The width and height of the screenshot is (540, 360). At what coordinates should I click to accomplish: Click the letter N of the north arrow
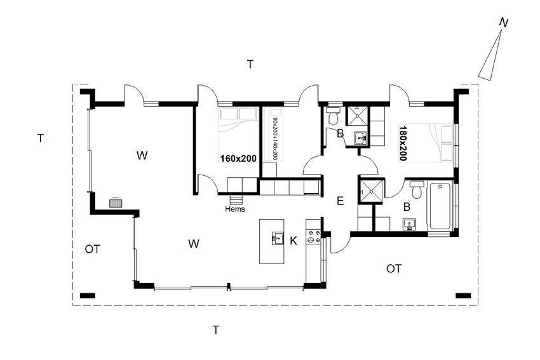504,23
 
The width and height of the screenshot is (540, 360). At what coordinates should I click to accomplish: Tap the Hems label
235,209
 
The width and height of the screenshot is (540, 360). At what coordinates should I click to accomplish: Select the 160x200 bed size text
238,158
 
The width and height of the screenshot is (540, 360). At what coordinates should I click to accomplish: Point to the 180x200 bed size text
403,143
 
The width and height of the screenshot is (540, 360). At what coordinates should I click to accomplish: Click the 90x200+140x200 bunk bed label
275,138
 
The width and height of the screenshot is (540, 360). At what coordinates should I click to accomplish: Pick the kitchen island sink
277,238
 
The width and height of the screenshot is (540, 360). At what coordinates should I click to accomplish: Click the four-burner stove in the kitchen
313,236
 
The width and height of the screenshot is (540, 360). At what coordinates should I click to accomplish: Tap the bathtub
440,206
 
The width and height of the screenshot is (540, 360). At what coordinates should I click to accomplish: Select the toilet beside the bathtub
417,189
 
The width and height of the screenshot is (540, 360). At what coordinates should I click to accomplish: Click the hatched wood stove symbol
116,203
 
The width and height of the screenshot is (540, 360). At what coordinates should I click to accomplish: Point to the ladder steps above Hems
236,199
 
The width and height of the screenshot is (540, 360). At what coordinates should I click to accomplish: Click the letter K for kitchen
294,241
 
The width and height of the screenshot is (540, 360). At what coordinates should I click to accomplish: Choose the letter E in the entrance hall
341,201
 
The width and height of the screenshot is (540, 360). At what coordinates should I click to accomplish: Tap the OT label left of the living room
92,249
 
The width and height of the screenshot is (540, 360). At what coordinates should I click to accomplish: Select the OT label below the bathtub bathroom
394,269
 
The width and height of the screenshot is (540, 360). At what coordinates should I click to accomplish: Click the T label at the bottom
216,330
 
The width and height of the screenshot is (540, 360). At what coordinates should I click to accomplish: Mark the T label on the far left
40,138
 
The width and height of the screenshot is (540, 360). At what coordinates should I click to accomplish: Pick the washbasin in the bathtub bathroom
410,224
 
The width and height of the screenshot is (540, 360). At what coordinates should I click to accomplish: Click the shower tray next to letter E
371,191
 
